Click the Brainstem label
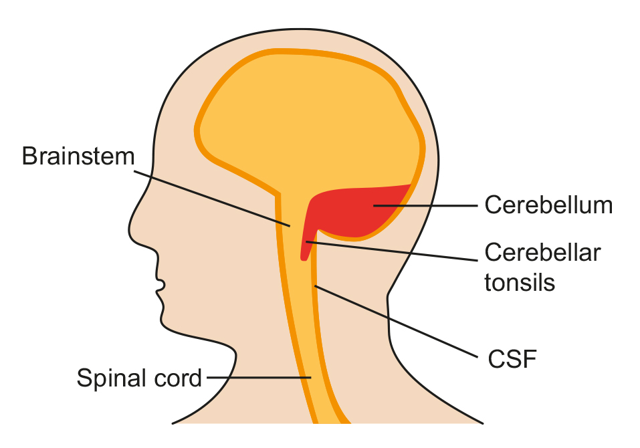point(78,156)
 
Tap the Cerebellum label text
point(548,205)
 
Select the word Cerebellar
point(542,253)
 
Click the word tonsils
point(520,282)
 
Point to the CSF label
point(512,359)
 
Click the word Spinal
point(112,378)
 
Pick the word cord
point(178,378)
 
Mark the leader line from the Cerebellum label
point(425,206)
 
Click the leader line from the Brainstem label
point(212,199)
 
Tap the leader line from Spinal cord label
point(259,377)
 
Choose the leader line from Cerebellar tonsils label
point(392,251)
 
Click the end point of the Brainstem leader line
point(290,226)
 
